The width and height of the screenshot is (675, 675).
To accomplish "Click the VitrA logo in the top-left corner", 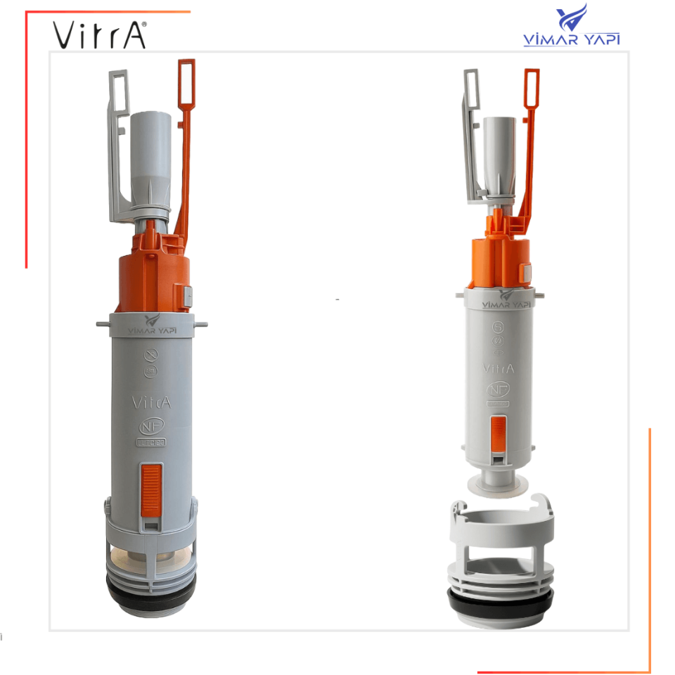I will (x=99, y=33).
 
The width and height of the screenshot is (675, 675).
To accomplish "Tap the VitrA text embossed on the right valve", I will (x=498, y=368).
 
